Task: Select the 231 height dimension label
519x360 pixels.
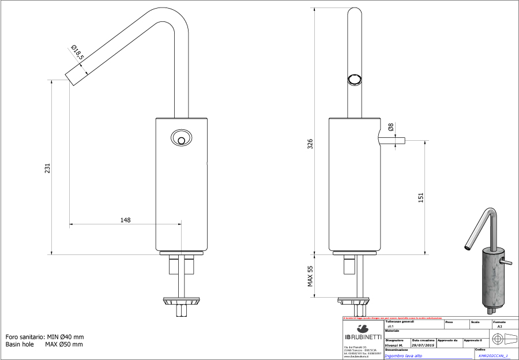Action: click(x=48, y=167)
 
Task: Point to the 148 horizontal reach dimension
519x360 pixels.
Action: click(x=125, y=220)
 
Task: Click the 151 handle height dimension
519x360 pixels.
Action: click(x=420, y=197)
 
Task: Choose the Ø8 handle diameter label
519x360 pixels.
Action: click(x=390, y=128)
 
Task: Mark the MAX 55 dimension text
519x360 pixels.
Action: click(x=310, y=276)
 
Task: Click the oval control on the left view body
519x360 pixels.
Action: click(x=181, y=138)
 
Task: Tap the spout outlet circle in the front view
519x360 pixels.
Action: click(x=354, y=80)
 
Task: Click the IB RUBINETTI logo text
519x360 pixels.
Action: click(x=363, y=337)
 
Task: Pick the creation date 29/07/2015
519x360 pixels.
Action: click(x=423, y=344)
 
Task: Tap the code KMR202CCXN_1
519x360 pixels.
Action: click(x=493, y=357)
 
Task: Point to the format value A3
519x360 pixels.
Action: click(x=499, y=327)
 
